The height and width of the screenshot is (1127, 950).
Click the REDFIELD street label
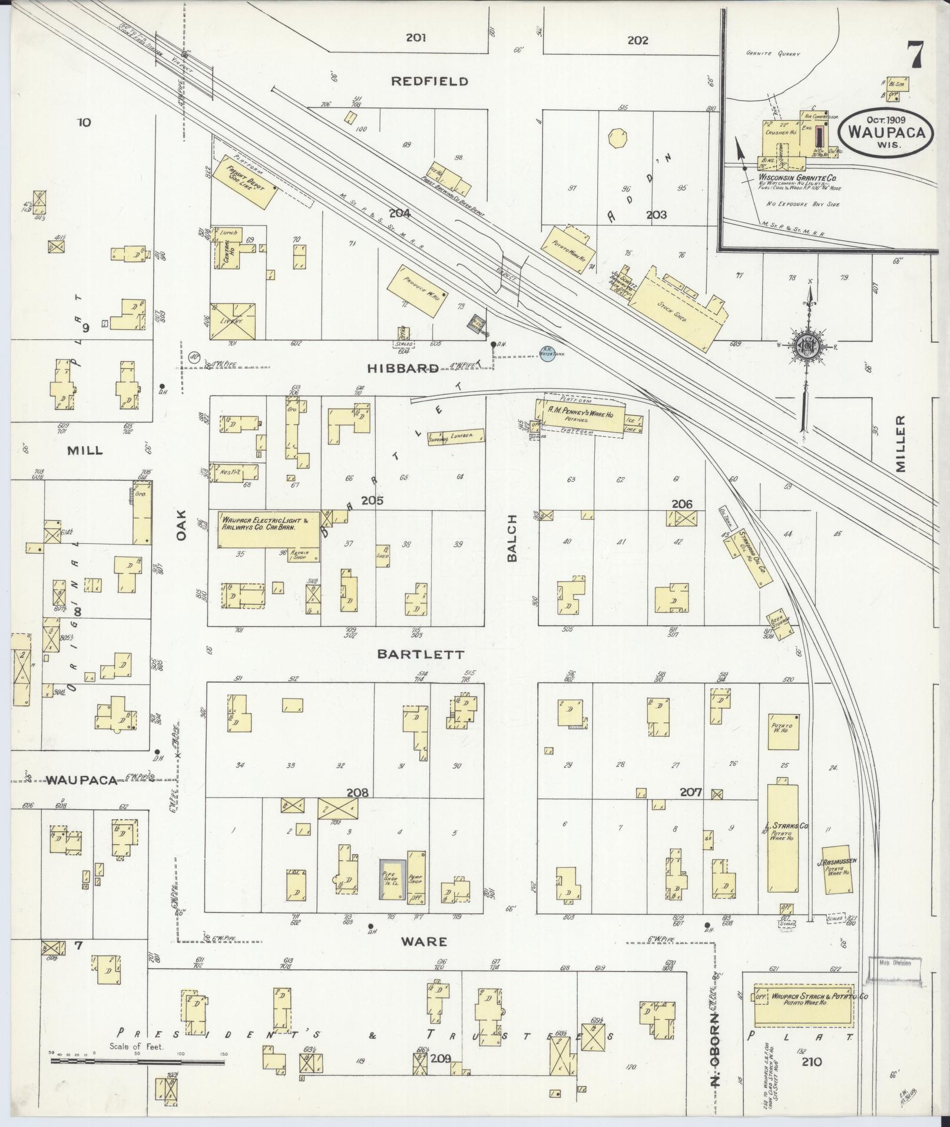click(430, 81)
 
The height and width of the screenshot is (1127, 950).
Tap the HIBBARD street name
click(403, 369)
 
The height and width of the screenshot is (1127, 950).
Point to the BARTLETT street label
click(421, 655)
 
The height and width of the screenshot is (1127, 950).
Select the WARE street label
click(424, 941)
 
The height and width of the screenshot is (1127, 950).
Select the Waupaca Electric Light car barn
click(269, 530)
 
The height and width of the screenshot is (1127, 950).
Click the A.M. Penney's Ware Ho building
click(580, 418)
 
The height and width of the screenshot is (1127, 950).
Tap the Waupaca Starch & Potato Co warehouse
click(804, 1004)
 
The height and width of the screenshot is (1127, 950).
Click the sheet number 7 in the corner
click(915, 56)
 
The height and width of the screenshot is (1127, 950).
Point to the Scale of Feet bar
click(137, 1062)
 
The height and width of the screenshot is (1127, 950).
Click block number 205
click(373, 501)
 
